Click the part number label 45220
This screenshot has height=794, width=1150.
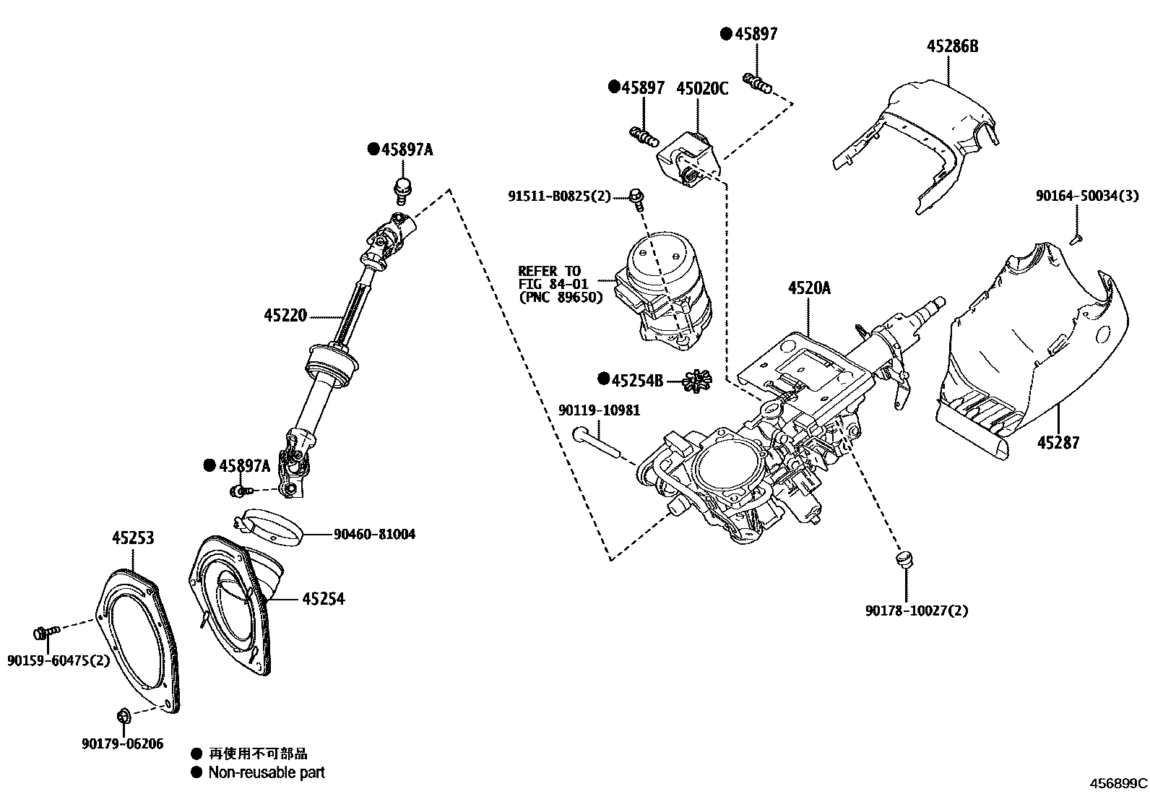pyautogui.click(x=285, y=316)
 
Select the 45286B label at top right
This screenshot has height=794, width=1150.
pyautogui.click(x=953, y=47)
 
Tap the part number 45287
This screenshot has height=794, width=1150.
pyautogui.click(x=1058, y=442)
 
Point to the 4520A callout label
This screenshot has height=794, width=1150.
pyautogui.click(x=809, y=288)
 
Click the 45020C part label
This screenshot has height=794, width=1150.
pyautogui.click(x=702, y=89)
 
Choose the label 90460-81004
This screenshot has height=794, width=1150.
pyautogui.click(x=374, y=535)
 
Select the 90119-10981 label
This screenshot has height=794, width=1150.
pyautogui.click(x=599, y=411)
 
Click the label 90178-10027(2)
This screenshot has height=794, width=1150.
pyautogui.click(x=917, y=610)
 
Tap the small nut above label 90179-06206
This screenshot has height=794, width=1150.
pyautogui.click(x=122, y=716)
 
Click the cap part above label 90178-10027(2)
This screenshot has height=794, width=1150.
pyautogui.click(x=904, y=558)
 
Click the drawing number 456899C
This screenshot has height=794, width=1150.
pyautogui.click(x=1119, y=783)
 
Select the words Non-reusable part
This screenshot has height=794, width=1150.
pyautogui.click(x=267, y=772)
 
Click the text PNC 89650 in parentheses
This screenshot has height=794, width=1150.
pyautogui.click(x=561, y=296)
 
